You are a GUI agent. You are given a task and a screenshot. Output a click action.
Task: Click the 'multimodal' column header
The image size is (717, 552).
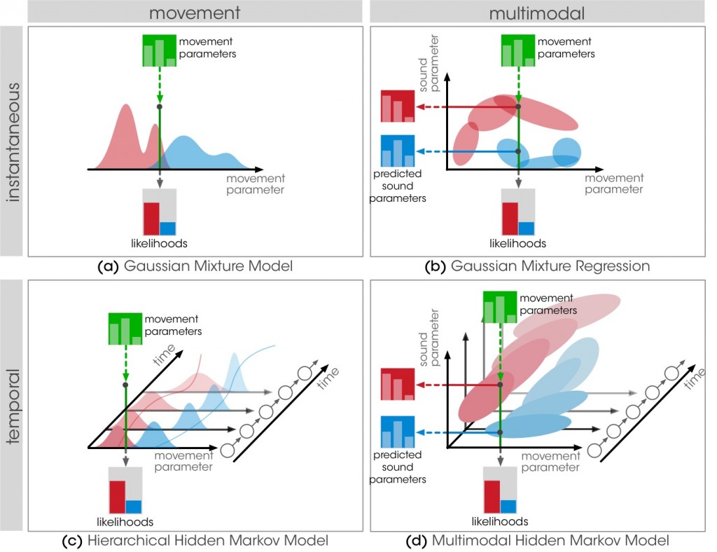coord(536,11)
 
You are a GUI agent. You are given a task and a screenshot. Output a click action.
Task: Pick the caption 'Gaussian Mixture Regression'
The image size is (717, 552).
coord(550,266)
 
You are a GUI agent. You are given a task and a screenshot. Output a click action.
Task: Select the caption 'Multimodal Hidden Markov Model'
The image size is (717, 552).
coord(550,541)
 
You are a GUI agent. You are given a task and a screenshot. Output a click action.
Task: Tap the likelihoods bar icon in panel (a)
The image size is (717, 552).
coord(160,212)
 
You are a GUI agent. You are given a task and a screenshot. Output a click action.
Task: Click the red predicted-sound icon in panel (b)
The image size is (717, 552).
coord(398,106)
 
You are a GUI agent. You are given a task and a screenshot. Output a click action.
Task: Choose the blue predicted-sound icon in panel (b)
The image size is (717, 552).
coord(398,151)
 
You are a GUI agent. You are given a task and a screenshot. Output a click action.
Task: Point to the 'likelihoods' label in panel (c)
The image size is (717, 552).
coord(125,522)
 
